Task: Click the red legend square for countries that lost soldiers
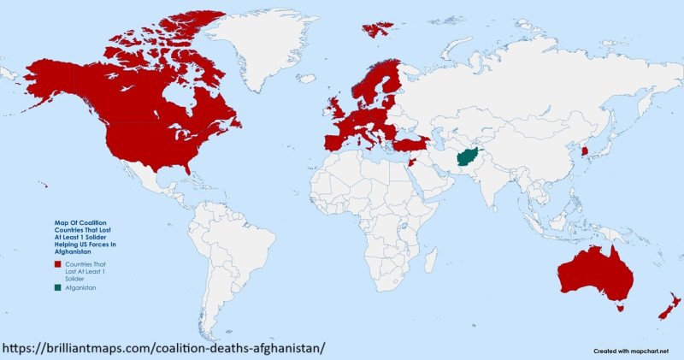pyautogui.click(x=57, y=264)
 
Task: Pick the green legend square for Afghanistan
pyautogui.click(x=57, y=288)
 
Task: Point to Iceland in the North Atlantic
pyautogui.click(x=377, y=29)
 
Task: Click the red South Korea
pyautogui.click(x=584, y=151)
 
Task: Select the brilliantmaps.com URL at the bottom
pyautogui.click(x=162, y=349)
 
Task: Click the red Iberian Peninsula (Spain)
pyautogui.click(x=335, y=140)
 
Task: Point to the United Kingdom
pyautogui.click(x=336, y=108)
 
